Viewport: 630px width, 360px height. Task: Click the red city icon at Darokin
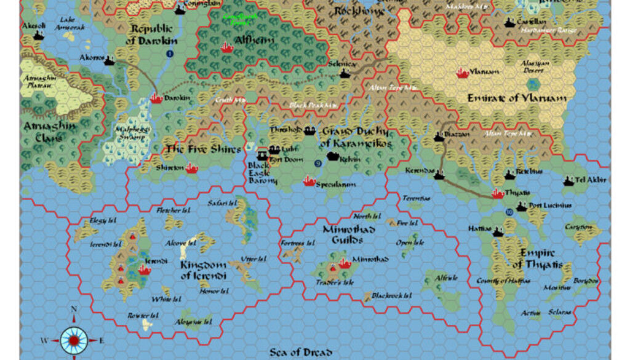(x=156, y=98)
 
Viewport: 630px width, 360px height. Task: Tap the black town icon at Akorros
(x=110, y=60)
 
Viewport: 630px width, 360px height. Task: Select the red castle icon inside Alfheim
(x=226, y=47)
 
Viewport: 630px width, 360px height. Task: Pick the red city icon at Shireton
(x=191, y=167)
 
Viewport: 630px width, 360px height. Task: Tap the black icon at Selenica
(x=345, y=74)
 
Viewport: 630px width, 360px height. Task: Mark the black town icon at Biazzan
(x=439, y=137)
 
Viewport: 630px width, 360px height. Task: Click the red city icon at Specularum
(x=309, y=181)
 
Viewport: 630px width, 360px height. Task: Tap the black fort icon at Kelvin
(x=333, y=157)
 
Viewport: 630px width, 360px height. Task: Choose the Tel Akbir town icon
(x=568, y=180)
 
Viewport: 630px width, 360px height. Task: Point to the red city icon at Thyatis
(x=498, y=194)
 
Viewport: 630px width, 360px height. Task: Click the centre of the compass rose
(x=74, y=339)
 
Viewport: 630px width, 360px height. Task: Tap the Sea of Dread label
(x=301, y=353)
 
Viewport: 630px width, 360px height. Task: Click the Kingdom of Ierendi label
(x=203, y=270)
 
